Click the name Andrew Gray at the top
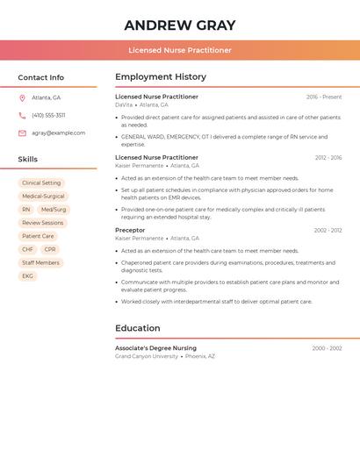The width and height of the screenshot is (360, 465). pos(179,25)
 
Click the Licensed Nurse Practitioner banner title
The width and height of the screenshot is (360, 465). pos(180,50)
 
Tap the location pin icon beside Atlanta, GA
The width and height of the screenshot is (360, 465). pos(22,97)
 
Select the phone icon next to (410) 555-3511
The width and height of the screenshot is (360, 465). pos(22,115)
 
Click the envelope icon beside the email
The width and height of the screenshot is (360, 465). pos(22,132)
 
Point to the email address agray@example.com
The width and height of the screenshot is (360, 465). pos(59,132)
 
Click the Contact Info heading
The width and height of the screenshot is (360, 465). pos(41,77)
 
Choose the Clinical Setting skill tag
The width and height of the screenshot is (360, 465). pos(41,183)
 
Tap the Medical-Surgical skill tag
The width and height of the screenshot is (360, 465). pos(43,197)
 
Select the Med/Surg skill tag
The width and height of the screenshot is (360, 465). pos(54,210)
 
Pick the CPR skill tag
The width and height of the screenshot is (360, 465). pos(50,249)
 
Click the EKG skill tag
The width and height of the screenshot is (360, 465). pos(27,275)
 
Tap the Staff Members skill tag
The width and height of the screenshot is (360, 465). pos(40,262)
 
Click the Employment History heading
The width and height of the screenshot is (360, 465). pos(161,77)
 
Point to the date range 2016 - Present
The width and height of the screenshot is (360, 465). pos(324,97)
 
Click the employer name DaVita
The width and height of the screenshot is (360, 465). pos(124,104)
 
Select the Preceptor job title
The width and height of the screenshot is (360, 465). pos(130,230)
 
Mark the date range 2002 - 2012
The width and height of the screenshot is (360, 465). pos(328,230)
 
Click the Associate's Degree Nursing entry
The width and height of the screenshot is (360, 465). pos(155,348)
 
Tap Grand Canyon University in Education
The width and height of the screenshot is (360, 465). pos(147,356)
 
